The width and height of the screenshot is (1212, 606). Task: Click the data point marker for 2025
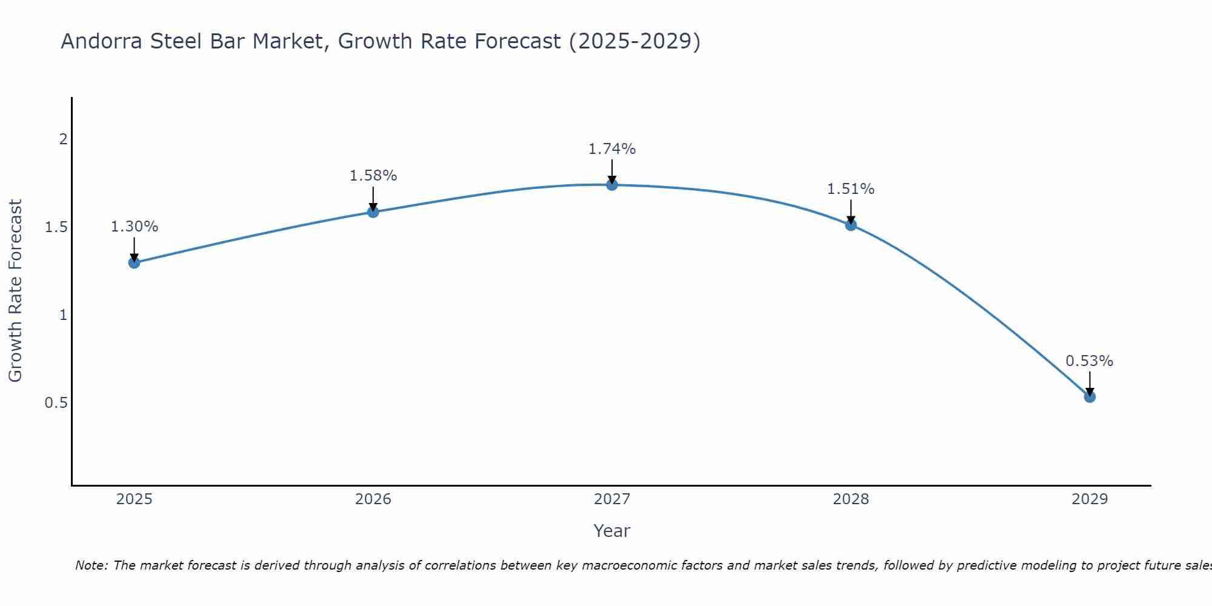pos(134,262)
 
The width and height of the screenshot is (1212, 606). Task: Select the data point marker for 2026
pos(373,211)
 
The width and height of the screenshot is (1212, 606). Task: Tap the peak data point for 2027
pos(612,185)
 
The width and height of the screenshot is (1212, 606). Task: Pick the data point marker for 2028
pos(851,225)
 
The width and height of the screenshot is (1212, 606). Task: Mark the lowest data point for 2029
pos(1090,397)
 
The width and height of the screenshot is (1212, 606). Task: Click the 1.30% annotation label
pos(134,227)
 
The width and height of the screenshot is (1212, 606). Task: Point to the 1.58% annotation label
pos(373,176)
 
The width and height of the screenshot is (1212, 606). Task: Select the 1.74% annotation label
pos(612,149)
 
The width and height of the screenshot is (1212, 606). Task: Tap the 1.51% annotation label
pos(851,189)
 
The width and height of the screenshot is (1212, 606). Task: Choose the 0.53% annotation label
pos(1090,361)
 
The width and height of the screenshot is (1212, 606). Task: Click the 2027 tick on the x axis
pos(612,499)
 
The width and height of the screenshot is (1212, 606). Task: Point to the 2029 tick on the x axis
pos(1090,499)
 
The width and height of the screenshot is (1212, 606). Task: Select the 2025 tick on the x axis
pos(134,499)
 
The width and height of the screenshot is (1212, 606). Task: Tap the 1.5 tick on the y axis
pos(56,227)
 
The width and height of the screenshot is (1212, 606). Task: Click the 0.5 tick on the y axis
pos(56,403)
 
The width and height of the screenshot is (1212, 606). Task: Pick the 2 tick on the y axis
pos(63,139)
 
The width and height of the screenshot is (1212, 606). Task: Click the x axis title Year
pos(612,531)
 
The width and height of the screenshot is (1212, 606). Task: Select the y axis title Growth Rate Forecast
pos(15,291)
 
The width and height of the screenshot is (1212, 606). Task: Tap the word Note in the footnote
pos(91,565)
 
